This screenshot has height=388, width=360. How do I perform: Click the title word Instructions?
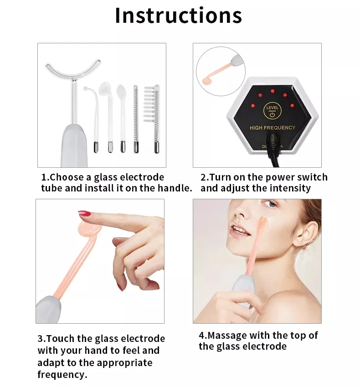178,16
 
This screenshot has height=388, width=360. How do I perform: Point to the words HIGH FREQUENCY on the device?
273,128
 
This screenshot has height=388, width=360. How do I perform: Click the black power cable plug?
273,145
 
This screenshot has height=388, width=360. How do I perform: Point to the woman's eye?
272,204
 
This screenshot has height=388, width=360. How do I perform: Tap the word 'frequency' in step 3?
62,375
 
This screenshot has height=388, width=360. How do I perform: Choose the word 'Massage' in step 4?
228,335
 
